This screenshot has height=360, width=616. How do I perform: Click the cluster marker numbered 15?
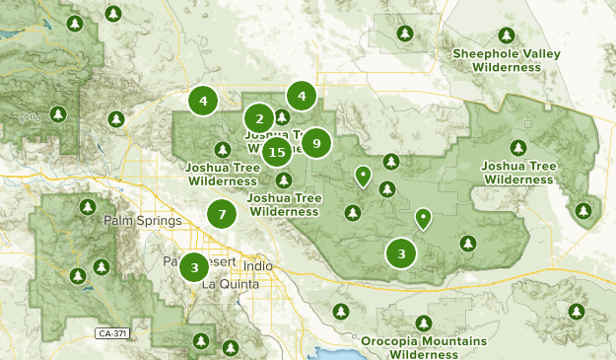(277, 152)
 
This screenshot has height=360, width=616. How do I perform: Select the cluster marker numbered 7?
(223, 213)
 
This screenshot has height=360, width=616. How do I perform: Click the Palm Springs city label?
(136, 221)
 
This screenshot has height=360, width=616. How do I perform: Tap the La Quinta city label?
(230, 284)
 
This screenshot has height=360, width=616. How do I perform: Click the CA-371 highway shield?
(113, 333)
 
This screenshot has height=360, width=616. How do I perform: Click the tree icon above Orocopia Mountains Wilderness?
(424, 323)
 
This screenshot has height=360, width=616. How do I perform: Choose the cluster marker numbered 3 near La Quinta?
(195, 265)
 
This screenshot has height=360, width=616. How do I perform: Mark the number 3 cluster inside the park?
(401, 253)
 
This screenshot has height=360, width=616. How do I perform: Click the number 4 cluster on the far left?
(203, 100)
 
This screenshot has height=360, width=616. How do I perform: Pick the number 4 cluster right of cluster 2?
(302, 96)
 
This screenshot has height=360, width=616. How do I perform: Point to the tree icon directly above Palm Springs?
(84, 208)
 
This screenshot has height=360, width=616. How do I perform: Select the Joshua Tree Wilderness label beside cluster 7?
(284, 204)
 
